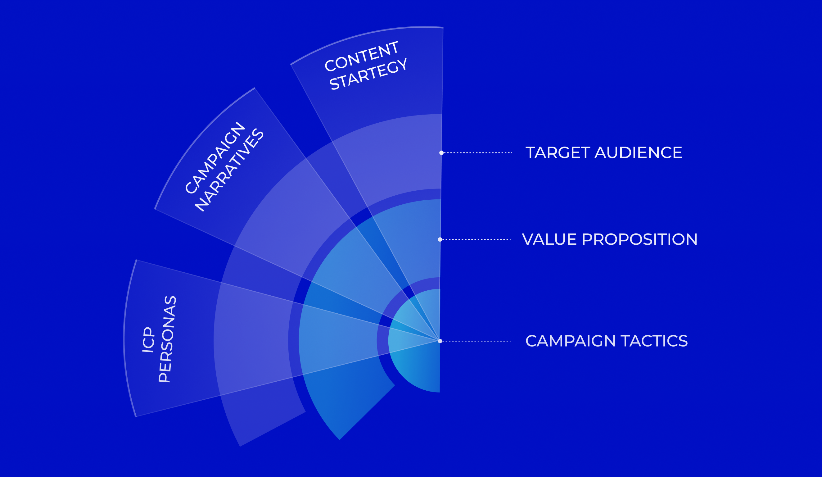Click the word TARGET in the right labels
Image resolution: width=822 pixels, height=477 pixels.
[558, 152]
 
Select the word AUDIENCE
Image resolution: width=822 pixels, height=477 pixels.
[638, 152]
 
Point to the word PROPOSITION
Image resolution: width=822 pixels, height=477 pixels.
[640, 239]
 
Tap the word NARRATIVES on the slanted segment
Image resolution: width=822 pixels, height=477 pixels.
[229, 170]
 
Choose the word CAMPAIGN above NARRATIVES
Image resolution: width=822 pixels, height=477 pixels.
[215, 157]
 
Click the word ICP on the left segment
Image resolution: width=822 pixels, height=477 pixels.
[148, 339]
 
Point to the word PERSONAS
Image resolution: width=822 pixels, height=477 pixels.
[167, 339]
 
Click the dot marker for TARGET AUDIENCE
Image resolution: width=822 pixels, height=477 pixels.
[441, 153]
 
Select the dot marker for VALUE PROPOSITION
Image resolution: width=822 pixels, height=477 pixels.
[440, 239]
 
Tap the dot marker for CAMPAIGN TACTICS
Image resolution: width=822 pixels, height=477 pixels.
[440, 341]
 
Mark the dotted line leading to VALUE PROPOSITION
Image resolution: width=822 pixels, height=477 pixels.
[476, 239]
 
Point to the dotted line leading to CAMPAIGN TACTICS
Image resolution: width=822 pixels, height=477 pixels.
[476, 341]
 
